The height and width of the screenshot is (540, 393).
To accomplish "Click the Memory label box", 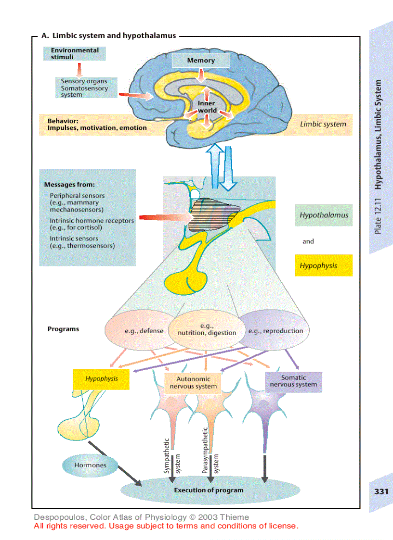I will pos(201,61).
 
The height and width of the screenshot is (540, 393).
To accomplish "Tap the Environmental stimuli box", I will pos(74,53).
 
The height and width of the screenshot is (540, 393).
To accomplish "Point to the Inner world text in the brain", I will pos(207,107).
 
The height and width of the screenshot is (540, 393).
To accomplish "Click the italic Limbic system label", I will pos(323,124).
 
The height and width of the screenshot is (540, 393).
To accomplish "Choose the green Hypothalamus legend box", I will pos(323,215).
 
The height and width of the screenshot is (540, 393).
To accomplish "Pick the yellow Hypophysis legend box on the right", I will pos(323,265).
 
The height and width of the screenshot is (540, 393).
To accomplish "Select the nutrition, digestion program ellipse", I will pos(207,329).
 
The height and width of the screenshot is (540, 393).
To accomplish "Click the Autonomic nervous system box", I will pos(193,382).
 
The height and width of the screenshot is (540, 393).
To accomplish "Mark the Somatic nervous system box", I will pos(293,381).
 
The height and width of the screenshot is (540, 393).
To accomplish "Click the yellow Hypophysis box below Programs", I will pos(101,379).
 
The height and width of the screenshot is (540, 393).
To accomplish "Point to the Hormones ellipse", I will pos(90,465).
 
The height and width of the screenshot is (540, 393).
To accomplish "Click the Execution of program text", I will pos(209,490).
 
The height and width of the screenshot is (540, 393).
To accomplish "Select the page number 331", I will pos(380,492).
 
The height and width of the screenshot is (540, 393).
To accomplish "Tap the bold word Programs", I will pos(63,329).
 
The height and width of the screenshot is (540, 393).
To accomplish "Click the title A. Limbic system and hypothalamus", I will pos(109,35).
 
